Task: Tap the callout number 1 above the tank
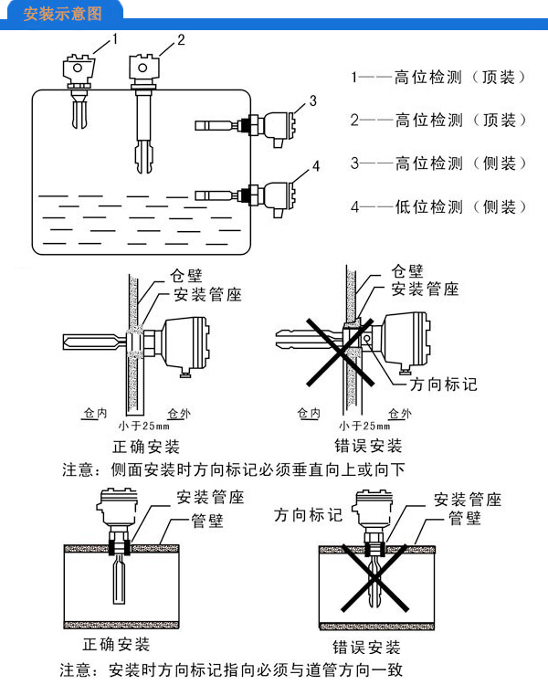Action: coord(115,37)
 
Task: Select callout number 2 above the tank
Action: coord(181,39)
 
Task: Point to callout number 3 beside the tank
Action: coord(311,100)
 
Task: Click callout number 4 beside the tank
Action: coord(316,165)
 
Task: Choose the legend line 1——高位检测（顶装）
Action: coord(438,78)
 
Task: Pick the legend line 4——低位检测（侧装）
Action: coord(438,207)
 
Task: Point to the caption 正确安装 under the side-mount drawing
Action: coord(146,447)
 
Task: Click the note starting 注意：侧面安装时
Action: coord(233,470)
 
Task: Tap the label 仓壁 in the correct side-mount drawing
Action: coord(189,274)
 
